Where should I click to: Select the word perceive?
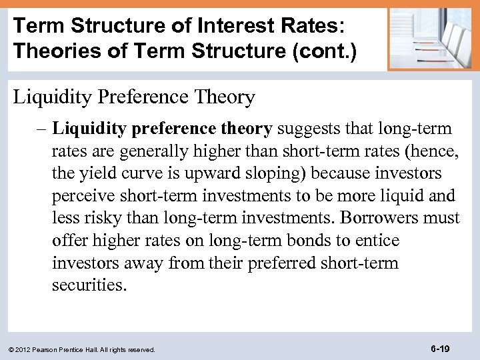83,196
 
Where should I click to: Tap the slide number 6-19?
440,348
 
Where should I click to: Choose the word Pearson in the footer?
47,349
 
